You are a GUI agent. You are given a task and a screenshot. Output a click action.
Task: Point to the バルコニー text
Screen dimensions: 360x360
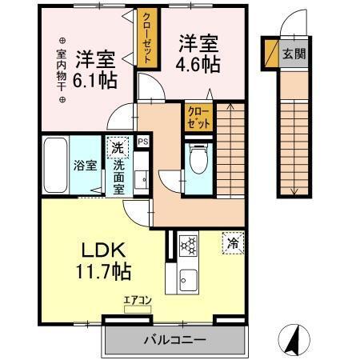[x=174, y=339]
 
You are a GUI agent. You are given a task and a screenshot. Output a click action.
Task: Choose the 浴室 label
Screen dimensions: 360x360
[x=86, y=166]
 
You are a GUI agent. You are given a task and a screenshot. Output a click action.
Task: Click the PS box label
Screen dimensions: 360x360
[x=142, y=142]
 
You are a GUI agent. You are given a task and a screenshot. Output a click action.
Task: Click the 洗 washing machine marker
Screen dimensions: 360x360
[x=117, y=148]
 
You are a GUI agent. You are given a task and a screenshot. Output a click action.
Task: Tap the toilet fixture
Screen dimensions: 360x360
[x=198, y=160]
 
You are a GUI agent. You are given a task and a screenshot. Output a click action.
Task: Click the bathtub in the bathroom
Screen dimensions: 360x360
[x=54, y=165]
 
